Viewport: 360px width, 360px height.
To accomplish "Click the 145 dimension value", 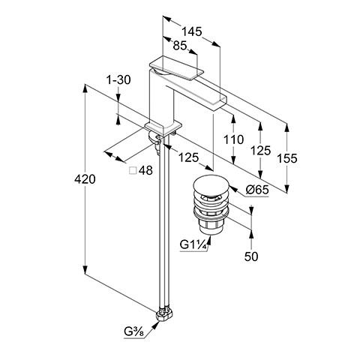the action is (191, 31).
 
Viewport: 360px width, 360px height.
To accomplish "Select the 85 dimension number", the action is (180, 46).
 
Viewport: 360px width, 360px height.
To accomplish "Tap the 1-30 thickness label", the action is (118, 80).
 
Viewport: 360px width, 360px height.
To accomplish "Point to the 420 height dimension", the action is (85, 179).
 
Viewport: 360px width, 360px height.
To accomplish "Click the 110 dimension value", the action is (233, 139).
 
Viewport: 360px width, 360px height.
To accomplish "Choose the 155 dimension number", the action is (287, 158).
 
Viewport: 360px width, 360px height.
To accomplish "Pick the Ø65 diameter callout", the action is (257, 190).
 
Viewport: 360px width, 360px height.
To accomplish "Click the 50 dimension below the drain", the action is (251, 256).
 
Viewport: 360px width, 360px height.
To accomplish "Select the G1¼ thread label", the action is (193, 244).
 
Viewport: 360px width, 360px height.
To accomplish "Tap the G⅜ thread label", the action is (133, 331).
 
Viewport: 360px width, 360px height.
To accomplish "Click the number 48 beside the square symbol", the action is (145, 170).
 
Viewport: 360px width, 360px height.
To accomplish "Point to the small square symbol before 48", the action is (133, 170).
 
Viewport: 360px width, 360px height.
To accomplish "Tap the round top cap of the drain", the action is (211, 186).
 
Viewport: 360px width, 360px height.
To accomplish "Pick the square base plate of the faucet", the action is (163, 128).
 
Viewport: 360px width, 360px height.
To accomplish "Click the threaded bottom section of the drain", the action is (211, 226).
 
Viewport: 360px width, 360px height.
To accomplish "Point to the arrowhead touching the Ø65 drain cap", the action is (232, 188).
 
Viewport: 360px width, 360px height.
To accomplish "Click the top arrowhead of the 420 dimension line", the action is (85, 88).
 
